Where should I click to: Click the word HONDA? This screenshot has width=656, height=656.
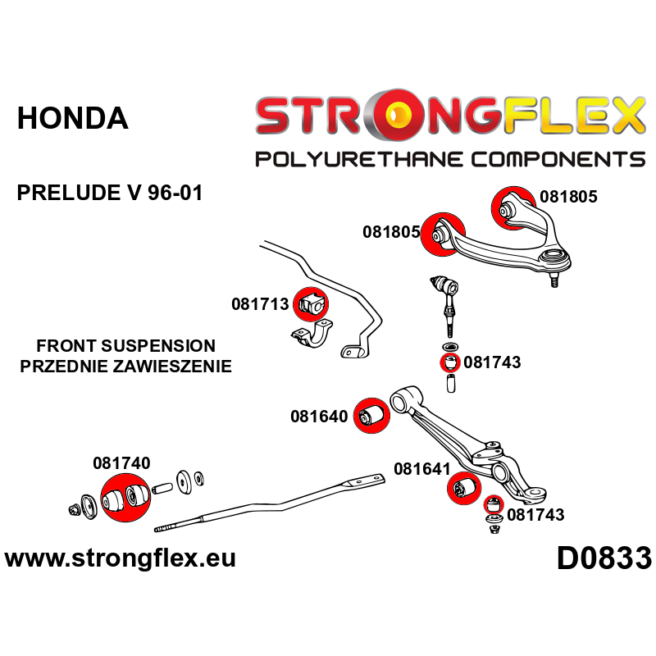click(x=73, y=119)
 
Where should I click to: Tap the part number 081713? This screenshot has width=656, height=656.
click(x=260, y=304)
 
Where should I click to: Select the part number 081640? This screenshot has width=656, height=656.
click(x=319, y=417)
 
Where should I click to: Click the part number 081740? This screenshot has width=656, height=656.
click(x=121, y=462)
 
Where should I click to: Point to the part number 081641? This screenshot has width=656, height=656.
click(x=422, y=469)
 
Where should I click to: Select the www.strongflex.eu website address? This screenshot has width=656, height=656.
click(x=121, y=559)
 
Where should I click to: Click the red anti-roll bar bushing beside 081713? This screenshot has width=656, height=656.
click(x=311, y=304)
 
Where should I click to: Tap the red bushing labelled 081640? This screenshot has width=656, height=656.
click(x=370, y=415)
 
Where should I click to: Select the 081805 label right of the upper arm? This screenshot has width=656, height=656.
click(x=569, y=197)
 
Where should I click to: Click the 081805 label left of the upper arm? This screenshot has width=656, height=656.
click(x=391, y=232)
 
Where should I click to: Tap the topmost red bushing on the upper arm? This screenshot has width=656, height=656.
click(x=508, y=206)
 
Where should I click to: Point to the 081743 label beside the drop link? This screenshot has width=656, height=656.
click(x=492, y=362)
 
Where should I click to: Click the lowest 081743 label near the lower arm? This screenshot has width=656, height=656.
click(x=535, y=515)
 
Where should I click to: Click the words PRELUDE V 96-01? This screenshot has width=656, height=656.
click(x=109, y=194)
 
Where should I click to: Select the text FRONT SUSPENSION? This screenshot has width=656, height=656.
click(x=125, y=346)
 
